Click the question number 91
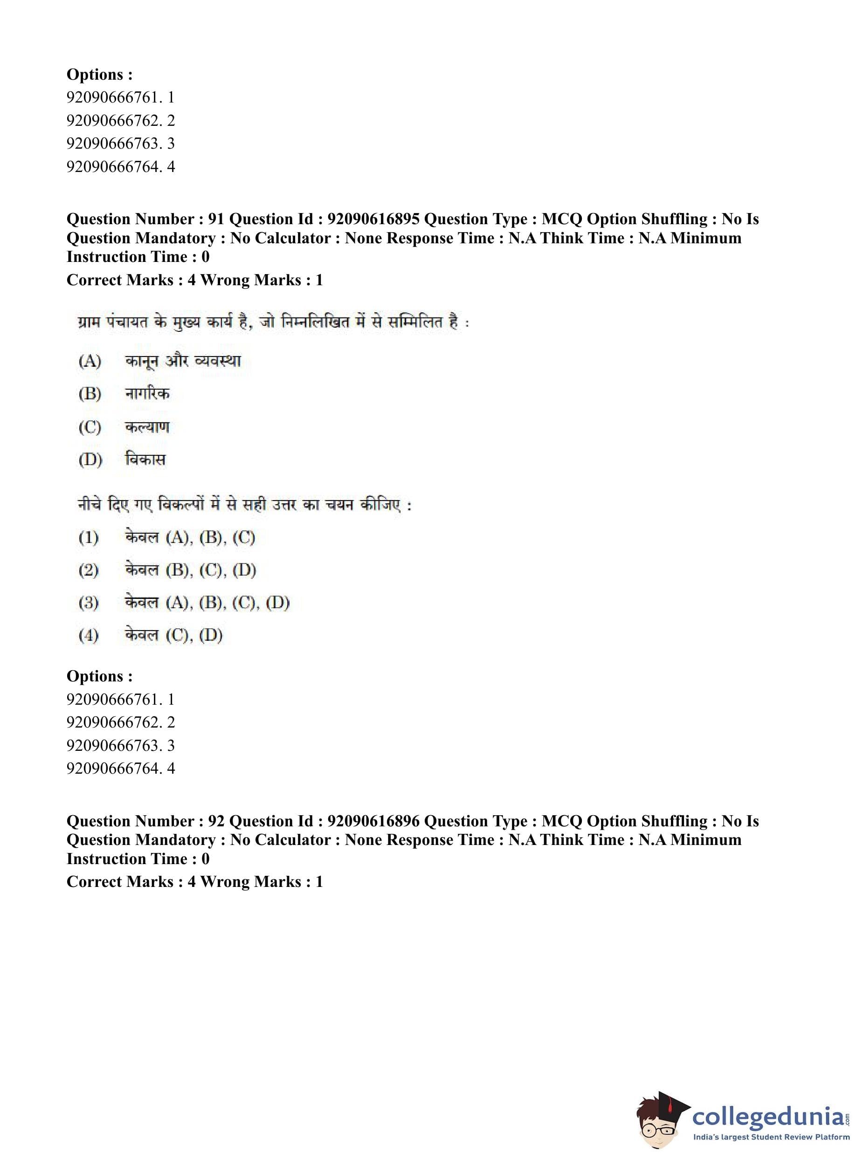[215, 219]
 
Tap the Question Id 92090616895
[373, 219]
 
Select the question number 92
[215, 821]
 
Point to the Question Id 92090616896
[373, 821]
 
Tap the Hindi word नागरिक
[147, 394]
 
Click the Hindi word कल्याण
[147, 427]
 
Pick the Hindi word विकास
[145, 460]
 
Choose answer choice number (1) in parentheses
[89, 538]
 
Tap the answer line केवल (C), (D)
[173, 635]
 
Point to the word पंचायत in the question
[127, 322]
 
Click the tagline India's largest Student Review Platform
[771, 1137]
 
